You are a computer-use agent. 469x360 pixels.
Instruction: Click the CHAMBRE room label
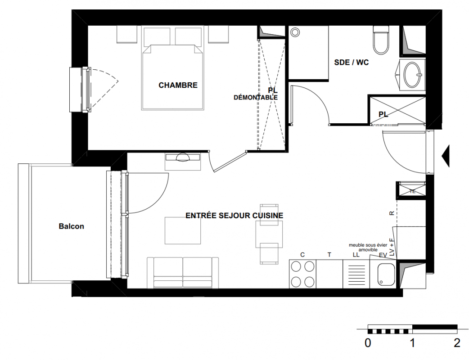click(178, 85)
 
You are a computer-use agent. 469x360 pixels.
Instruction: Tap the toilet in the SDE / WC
click(381, 40)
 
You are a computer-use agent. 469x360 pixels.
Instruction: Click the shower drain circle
click(295, 32)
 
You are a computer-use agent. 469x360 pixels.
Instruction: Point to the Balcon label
click(72, 226)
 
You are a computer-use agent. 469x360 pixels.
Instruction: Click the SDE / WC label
click(352, 63)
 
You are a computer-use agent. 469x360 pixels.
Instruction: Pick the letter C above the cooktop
click(302, 255)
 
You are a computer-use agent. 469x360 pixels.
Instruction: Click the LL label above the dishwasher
click(356, 255)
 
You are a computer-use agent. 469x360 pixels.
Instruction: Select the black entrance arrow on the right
click(446, 156)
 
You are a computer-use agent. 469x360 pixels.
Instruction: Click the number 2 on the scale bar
click(457, 343)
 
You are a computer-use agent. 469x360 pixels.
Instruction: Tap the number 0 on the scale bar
click(368, 343)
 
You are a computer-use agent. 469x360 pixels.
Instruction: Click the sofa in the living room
click(183, 273)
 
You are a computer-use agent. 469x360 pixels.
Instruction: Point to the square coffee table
click(183, 230)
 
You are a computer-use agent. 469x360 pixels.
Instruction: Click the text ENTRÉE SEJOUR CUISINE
click(234, 216)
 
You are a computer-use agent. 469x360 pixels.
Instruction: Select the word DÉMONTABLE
click(256, 98)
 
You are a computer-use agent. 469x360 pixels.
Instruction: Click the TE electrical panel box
click(411, 190)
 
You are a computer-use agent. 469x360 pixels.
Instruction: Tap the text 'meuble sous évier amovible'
click(368, 247)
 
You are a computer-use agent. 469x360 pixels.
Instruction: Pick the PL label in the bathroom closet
click(383, 114)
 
